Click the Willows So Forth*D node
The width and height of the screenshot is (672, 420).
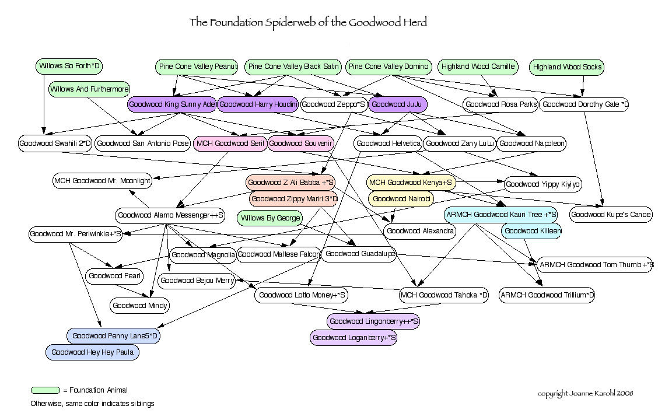[x=69, y=66]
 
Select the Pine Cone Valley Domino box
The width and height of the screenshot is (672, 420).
[x=389, y=66]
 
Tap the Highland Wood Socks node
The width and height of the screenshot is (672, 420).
[x=567, y=68]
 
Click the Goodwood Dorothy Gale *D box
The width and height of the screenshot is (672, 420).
[x=584, y=105]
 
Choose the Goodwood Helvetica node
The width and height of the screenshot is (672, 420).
[x=388, y=143]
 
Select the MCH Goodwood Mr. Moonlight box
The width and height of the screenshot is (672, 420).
[x=103, y=181]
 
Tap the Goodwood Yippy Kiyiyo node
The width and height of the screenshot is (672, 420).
[x=543, y=184]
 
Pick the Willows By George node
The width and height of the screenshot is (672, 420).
[x=270, y=219]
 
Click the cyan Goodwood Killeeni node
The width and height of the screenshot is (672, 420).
[x=531, y=231]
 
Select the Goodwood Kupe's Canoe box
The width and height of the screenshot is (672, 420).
[x=611, y=215]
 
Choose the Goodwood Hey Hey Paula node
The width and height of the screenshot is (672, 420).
[x=93, y=352]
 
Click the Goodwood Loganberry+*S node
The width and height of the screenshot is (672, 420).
[x=355, y=337]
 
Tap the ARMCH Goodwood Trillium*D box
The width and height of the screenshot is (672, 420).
[x=547, y=295]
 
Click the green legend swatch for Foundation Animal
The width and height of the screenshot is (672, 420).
[x=45, y=390]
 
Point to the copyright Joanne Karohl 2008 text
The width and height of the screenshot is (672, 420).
[x=585, y=393]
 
